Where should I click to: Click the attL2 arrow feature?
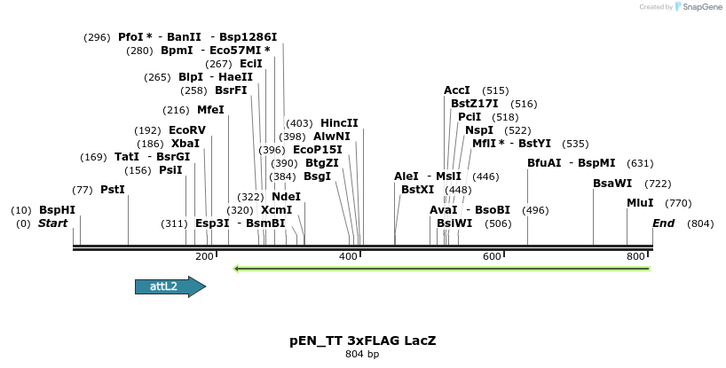[170, 286]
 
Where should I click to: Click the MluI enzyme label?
[640, 203]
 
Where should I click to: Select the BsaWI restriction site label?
[612, 184]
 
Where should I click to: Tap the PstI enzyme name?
[112, 190]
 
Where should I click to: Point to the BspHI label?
[57, 210]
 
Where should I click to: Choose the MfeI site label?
[210, 110]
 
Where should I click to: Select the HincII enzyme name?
[339, 123]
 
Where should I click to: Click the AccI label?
[456, 90]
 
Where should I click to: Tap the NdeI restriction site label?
[286, 197]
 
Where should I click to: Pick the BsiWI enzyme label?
[454, 223]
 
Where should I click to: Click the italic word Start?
[52, 223]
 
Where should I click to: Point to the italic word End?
[664, 223]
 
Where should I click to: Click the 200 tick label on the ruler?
[204, 256]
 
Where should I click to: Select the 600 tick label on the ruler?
[492, 256]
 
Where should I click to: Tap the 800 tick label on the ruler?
[636, 256]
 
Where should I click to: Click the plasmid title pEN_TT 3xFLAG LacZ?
[362, 341]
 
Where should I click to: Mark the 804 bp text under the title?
[362, 355]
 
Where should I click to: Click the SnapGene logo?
[697, 7]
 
